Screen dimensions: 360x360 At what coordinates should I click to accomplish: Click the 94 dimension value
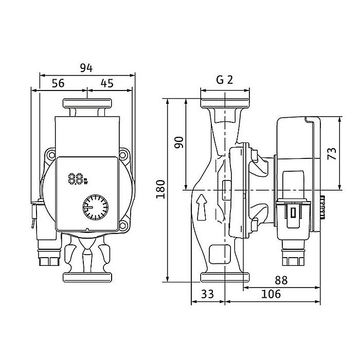coord(87,68)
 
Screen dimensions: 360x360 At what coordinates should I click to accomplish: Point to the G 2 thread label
coord(224,80)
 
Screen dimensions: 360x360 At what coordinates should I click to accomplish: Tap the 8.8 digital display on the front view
coord(77,179)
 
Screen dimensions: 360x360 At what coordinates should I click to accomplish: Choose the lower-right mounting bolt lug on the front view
coord(124,225)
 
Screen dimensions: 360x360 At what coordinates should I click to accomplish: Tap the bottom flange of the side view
coord(225,277)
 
